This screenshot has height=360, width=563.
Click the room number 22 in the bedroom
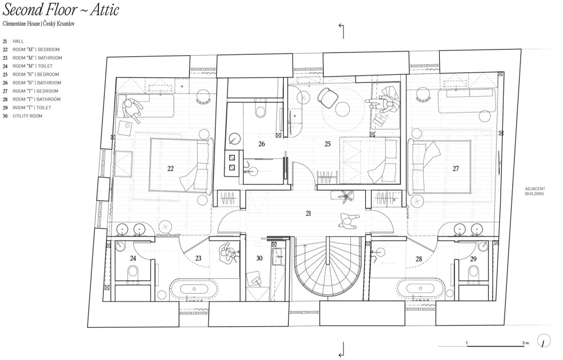(x=171, y=168)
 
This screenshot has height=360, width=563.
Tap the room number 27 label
(x=455, y=168)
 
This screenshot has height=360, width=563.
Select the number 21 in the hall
(x=308, y=214)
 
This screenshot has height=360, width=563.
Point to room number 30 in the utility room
(x=259, y=259)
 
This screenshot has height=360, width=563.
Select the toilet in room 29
(x=473, y=272)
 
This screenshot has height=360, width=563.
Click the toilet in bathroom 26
(x=260, y=110)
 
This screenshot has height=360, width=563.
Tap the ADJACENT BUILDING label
(x=535, y=191)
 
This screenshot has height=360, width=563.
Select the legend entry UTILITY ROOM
(x=27, y=116)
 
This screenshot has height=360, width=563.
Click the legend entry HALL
(x=19, y=41)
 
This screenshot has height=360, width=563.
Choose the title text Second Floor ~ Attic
(x=61, y=10)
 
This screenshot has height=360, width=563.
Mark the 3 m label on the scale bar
(x=526, y=343)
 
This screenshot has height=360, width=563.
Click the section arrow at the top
(x=342, y=31)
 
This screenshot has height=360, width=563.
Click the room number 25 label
(x=328, y=144)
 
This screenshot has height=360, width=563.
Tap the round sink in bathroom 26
(x=234, y=139)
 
